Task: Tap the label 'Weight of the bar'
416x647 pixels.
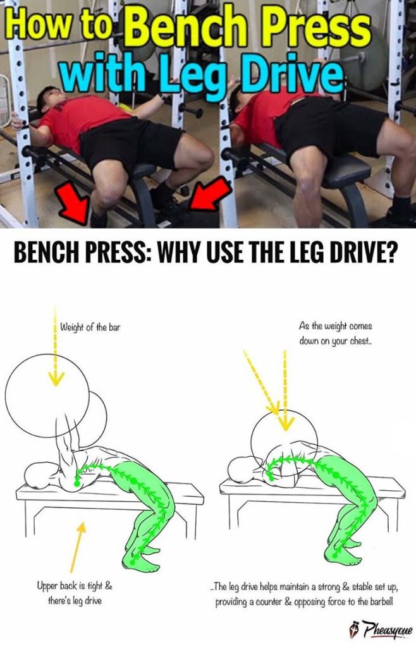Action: coord(90,327)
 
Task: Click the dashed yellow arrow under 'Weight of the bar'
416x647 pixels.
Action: coord(56,354)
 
